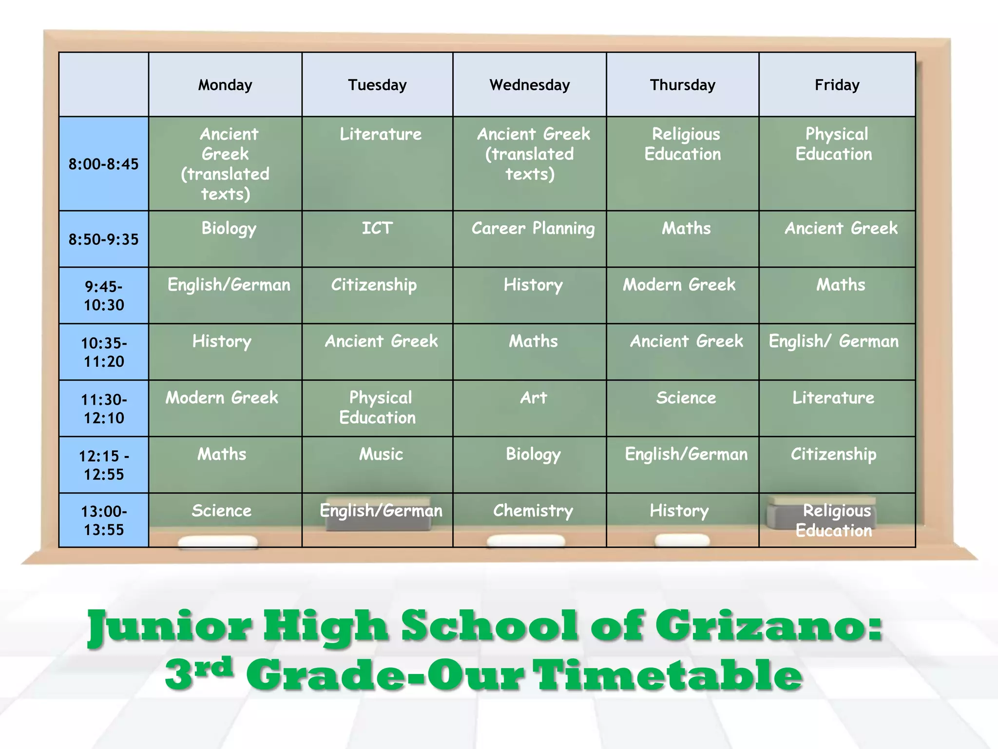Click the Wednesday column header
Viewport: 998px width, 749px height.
[529, 85]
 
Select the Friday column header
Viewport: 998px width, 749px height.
[837, 85]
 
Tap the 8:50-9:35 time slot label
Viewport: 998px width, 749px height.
[103, 239]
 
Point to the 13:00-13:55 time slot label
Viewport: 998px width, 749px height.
[103, 520]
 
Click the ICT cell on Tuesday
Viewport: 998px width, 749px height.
[377, 228]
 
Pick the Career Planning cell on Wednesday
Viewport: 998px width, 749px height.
[533, 228]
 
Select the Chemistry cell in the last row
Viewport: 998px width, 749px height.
[533, 511]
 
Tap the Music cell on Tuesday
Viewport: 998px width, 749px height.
[381, 454]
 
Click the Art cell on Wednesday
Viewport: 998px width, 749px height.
[533, 398]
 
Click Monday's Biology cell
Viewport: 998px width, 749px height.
[229, 228]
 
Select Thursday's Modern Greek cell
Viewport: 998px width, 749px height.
[679, 285]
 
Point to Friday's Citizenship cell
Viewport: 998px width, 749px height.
[833, 454]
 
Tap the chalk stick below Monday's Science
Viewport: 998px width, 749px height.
[218, 541]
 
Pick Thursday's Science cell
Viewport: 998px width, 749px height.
[686, 398]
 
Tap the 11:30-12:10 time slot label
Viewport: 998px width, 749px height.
[103, 409]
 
